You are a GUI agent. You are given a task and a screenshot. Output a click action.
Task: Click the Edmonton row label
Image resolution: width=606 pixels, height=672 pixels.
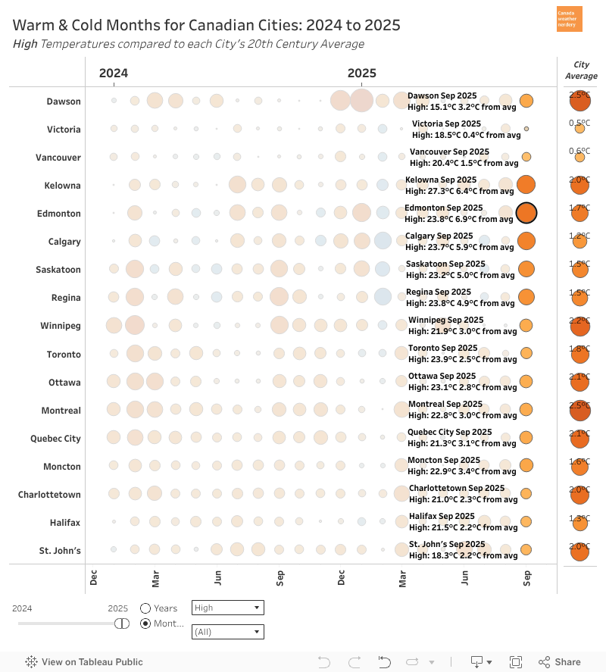click(x=58, y=214)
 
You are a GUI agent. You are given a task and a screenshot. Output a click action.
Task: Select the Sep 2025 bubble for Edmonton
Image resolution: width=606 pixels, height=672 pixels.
click(x=526, y=214)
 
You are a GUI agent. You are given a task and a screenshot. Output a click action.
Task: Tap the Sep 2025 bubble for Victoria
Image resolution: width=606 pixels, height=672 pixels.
click(x=526, y=129)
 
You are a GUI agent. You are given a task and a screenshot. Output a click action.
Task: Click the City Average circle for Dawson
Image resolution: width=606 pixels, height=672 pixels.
click(x=579, y=101)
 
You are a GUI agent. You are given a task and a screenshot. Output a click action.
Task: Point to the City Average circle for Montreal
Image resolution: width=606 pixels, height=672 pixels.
click(x=579, y=410)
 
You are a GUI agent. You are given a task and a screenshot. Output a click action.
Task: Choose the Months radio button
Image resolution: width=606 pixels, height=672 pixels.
click(x=145, y=624)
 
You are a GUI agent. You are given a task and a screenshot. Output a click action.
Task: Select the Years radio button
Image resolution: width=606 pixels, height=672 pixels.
click(x=145, y=608)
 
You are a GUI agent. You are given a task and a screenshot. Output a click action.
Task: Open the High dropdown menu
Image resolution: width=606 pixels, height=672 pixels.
click(x=228, y=608)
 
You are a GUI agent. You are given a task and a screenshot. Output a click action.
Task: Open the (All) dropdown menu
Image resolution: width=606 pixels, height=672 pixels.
click(x=228, y=631)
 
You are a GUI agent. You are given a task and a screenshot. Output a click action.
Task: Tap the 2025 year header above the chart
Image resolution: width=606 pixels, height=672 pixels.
click(x=361, y=73)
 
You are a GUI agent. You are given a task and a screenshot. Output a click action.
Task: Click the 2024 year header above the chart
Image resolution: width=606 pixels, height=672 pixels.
click(x=114, y=73)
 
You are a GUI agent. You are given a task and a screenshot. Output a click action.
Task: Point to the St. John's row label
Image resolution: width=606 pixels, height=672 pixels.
click(x=60, y=550)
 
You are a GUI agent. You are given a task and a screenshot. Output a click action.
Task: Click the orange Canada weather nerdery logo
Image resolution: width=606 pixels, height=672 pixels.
click(x=570, y=19)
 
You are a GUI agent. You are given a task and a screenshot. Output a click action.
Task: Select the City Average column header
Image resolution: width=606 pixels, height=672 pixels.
click(x=581, y=70)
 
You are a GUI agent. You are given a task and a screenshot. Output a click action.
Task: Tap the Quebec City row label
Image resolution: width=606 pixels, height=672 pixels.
click(x=55, y=438)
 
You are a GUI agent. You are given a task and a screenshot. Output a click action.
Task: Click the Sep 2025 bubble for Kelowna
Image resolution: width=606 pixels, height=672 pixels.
click(x=526, y=185)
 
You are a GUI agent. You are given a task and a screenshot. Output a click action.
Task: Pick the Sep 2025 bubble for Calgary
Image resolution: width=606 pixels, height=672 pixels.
click(x=526, y=241)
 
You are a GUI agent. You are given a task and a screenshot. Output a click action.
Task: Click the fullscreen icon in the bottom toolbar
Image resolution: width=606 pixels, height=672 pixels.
click(x=516, y=662)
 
